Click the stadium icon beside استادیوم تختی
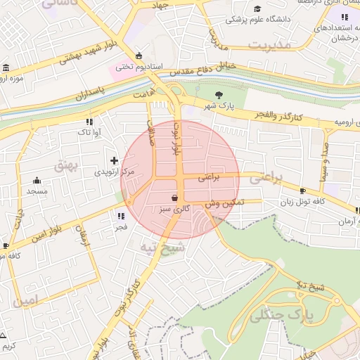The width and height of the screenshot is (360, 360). [139, 56]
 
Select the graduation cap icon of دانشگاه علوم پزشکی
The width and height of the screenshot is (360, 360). [258, 8]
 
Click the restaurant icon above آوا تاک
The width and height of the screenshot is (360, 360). [89, 121]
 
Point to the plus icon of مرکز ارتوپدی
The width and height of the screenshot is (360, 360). [115, 160]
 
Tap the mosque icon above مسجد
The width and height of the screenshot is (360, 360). [37, 181]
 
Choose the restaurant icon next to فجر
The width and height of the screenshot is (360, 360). [121, 216]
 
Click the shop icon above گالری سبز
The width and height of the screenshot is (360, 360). [174, 198]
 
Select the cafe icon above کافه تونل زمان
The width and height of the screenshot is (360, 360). [302, 191]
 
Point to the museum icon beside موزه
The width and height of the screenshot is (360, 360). [6, 68]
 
